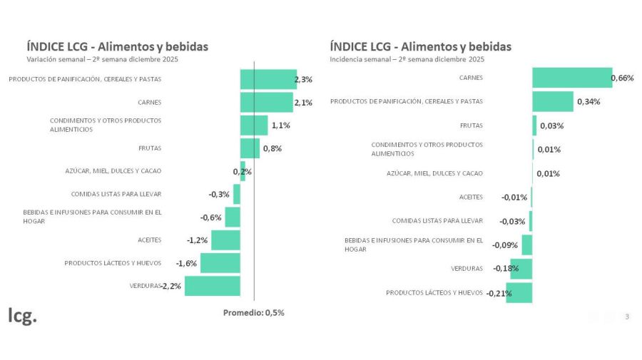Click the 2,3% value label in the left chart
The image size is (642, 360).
303,80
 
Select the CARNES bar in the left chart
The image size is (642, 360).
266,102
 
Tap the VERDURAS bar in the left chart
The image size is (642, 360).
212,286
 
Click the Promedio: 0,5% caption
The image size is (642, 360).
253,312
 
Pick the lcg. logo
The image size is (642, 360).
22,316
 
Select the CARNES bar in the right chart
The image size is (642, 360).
571,78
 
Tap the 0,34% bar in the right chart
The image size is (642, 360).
552,101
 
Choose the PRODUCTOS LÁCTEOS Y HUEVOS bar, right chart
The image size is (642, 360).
519,292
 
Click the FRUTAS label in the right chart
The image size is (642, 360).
472,125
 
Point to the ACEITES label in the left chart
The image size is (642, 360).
150,240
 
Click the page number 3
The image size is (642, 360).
627,317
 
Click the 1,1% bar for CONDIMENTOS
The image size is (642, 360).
254,125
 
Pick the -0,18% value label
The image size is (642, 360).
505,269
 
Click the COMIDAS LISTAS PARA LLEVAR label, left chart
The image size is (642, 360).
116,194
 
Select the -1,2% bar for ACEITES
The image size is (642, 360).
225,240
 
